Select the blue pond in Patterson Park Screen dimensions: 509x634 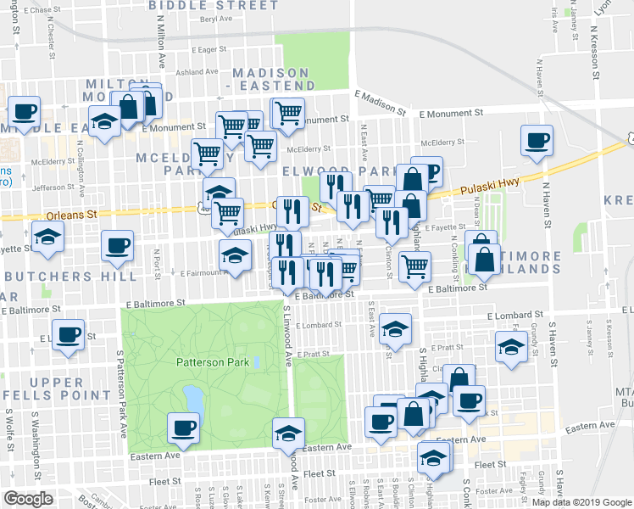[x=192, y=397]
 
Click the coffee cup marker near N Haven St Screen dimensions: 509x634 [x=536, y=140]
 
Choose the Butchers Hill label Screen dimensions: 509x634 [x=70, y=277]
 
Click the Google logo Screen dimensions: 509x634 [x=27, y=499]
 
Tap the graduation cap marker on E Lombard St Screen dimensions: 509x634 [x=395, y=329]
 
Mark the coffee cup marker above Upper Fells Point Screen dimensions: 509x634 [x=68, y=333]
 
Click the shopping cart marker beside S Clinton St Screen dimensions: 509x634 [x=414, y=266]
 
